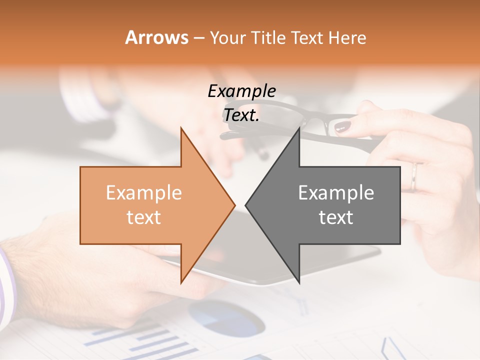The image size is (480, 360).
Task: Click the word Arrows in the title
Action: (x=157, y=37)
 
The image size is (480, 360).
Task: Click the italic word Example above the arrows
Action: (x=241, y=91)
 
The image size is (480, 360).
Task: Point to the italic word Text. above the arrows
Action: (x=241, y=115)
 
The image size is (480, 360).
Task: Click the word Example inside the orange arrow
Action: (x=144, y=193)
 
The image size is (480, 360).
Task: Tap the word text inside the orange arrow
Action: (x=144, y=217)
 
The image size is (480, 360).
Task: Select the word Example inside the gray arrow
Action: (x=336, y=193)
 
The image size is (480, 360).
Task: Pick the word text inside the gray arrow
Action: (x=336, y=217)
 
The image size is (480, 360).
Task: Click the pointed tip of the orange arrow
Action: (x=234, y=204)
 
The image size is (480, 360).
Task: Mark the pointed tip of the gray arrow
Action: (x=246, y=204)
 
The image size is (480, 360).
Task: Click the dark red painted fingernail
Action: (x=342, y=127)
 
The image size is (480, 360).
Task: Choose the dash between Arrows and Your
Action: (x=198, y=38)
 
